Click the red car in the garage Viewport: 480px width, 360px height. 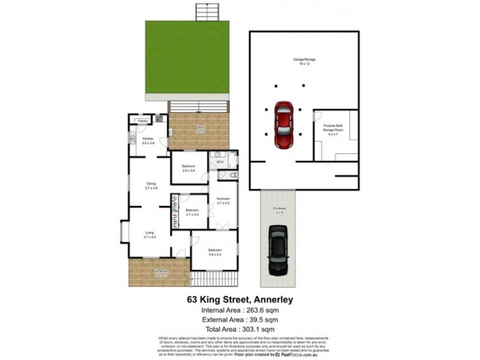click(284, 124)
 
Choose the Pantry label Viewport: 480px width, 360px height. click(143, 121)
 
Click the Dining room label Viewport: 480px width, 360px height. click(151, 186)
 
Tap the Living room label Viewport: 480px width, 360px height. click(149, 235)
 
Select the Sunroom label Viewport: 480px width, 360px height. click(223, 200)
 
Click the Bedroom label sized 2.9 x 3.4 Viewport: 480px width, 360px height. click(189, 168)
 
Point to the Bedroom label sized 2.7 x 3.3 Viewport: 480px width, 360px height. click(192, 212)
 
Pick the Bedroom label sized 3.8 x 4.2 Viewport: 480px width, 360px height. click(215, 251)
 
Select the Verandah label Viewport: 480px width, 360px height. click(160, 273)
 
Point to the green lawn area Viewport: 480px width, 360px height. click(187, 61)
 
